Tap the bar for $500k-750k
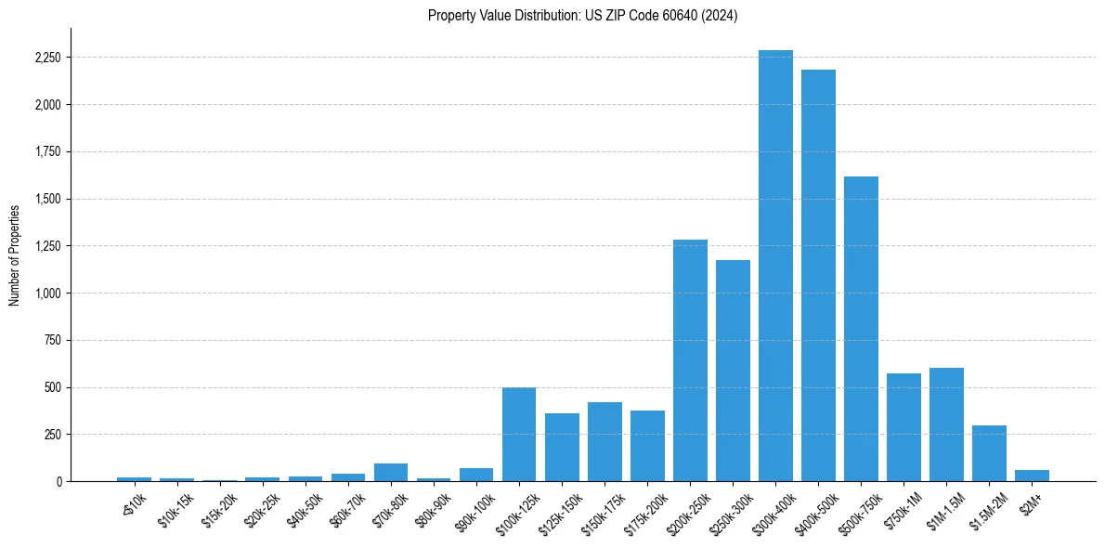[x=861, y=329]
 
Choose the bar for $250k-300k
[x=733, y=371]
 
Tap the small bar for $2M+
[x=1032, y=476]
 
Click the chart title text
[x=582, y=16]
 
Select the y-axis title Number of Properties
[x=15, y=254]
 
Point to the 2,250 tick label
[x=46, y=58]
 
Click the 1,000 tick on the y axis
[x=46, y=294]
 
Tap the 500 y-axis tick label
[x=52, y=387]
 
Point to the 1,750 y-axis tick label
[x=46, y=152]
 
